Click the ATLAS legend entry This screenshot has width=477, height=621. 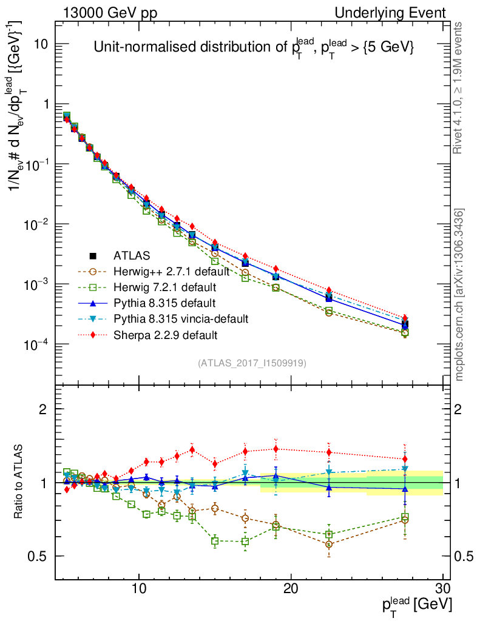(x=131, y=255)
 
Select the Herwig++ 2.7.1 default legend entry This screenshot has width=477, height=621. (x=161, y=271)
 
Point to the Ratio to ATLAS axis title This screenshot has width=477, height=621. (x=19, y=483)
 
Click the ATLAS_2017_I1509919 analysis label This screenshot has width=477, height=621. (x=252, y=363)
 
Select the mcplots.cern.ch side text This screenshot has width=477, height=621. (x=459, y=295)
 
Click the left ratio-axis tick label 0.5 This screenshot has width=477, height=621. (x=38, y=556)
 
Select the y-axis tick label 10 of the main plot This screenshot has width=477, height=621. (x=41, y=44)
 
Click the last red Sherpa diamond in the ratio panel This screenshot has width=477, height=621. (x=405, y=459)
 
